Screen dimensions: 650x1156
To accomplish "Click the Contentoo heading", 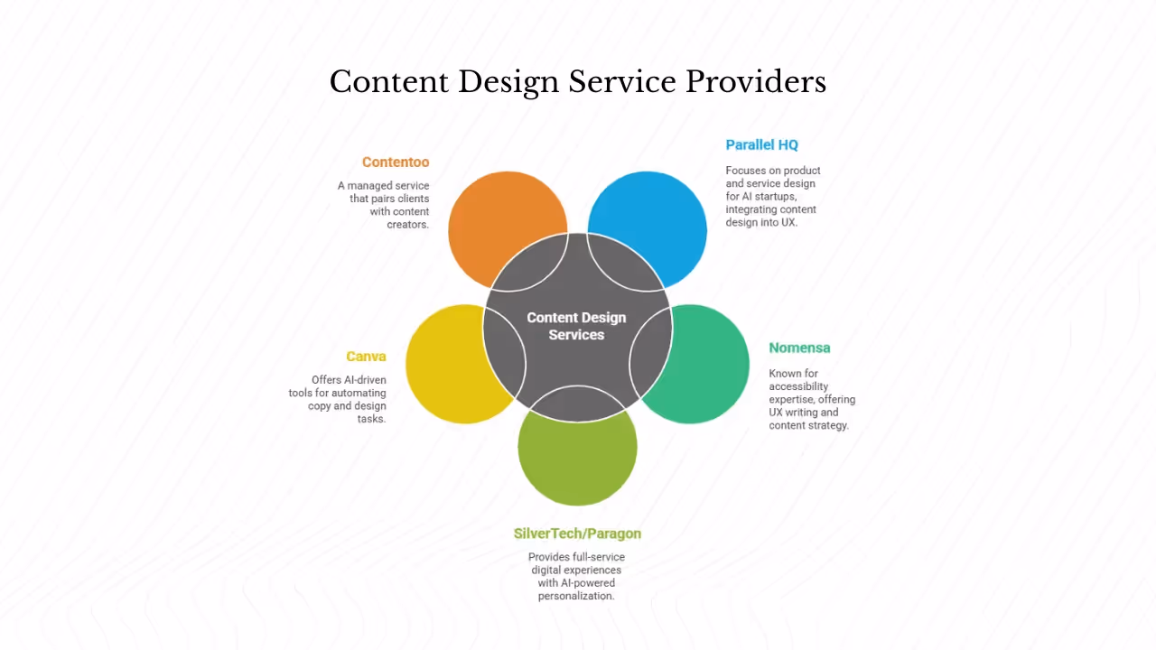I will pyautogui.click(x=396, y=162).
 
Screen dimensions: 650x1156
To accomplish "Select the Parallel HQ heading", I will pyautogui.click(x=761, y=144).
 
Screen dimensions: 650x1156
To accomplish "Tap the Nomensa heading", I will pyautogui.click(x=799, y=348).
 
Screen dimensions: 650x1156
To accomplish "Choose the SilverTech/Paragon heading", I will pyautogui.click(x=577, y=533).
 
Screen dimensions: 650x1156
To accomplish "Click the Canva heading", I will pyautogui.click(x=366, y=357).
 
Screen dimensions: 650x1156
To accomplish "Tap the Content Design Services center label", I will pyautogui.click(x=576, y=326).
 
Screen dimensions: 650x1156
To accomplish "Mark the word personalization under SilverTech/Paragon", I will pyautogui.click(x=576, y=596).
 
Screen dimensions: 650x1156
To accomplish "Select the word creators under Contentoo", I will pyautogui.click(x=407, y=224).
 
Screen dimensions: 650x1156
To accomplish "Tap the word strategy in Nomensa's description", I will pyautogui.click(x=828, y=425).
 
